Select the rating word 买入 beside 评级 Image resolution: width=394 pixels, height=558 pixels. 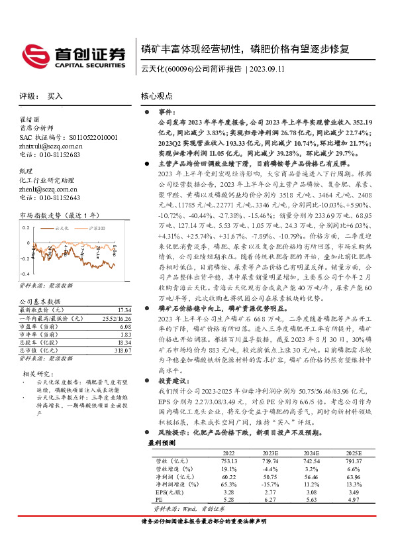(55, 96)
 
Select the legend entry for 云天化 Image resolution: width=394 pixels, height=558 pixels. (62, 227)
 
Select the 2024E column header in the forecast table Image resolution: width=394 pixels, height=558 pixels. (312, 452)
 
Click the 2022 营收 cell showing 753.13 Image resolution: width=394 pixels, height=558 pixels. (229, 460)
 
